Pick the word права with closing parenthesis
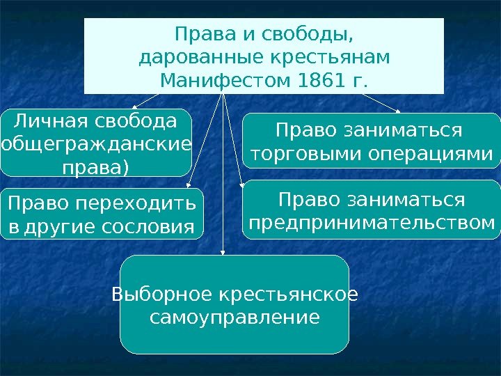96,168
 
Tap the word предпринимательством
372,224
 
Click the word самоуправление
235,318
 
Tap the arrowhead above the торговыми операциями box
399,110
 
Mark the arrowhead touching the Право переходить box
189,186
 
